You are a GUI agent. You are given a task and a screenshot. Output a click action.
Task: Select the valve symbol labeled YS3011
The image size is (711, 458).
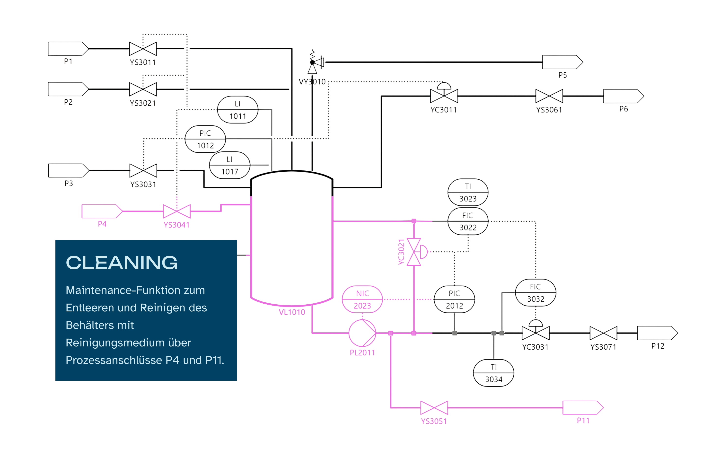click(x=143, y=49)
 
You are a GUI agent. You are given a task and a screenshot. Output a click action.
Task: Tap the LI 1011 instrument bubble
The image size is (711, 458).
click(x=237, y=110)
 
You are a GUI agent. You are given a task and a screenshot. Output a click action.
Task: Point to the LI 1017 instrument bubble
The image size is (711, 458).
click(x=229, y=165)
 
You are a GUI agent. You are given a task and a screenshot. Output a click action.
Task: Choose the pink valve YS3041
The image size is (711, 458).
click(x=177, y=211)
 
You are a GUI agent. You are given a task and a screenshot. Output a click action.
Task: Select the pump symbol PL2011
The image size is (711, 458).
click(x=362, y=333)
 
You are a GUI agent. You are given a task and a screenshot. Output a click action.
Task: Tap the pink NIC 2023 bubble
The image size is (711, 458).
click(x=362, y=299)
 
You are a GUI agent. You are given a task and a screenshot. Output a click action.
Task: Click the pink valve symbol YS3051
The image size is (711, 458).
click(x=434, y=408)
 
